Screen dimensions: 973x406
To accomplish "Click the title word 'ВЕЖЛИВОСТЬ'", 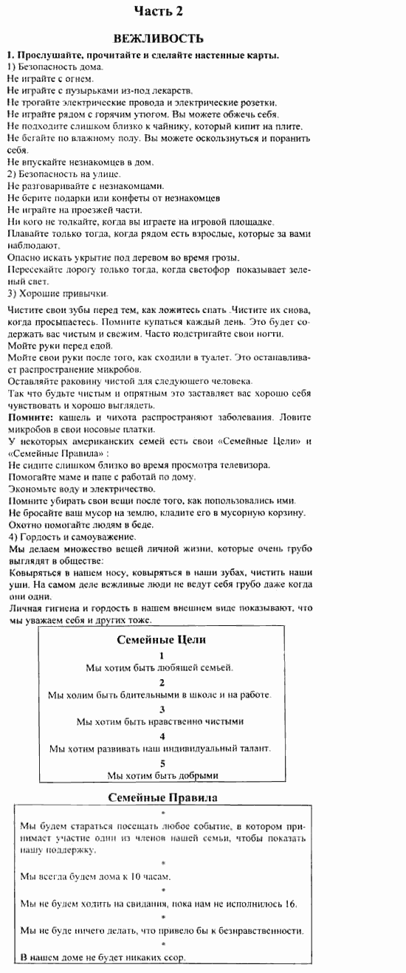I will tap(158, 39).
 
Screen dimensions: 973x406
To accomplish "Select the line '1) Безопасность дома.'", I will tap(55, 66).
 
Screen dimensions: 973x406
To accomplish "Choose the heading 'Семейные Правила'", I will tap(162, 797).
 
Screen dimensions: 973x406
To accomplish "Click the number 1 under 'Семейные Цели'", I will tap(162, 655).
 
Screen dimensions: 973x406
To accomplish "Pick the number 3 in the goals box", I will tap(162, 709).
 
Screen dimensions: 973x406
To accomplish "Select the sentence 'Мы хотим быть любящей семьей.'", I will tap(159, 667).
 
